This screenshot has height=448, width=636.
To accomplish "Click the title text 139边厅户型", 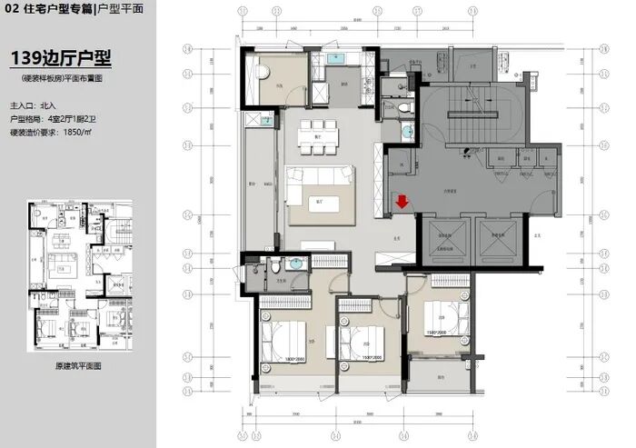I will coord(60,59).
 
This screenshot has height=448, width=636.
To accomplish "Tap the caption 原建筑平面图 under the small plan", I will coord(80,365).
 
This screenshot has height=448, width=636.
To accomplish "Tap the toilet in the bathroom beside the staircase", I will coord(405,108).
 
